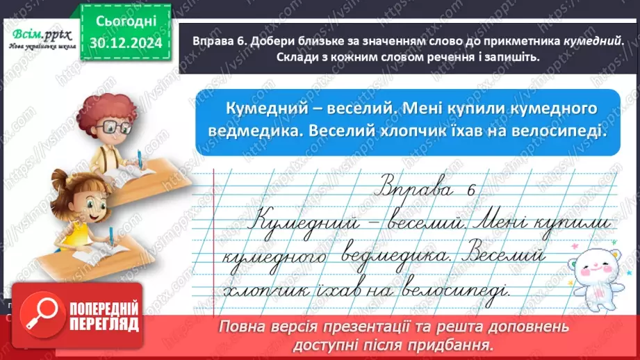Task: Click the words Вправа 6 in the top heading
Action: pos(209,42)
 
